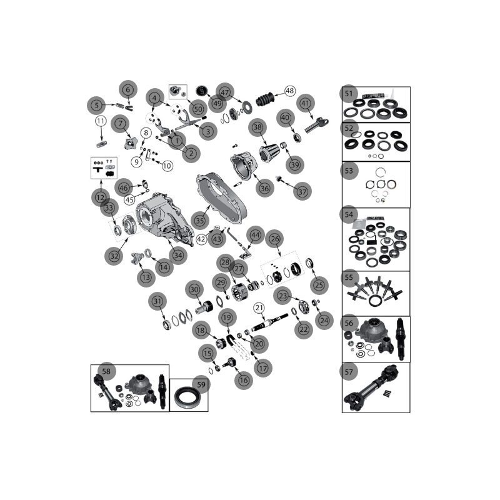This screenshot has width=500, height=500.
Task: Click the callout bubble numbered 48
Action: (289, 91)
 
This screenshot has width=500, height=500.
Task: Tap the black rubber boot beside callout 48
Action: (264, 99)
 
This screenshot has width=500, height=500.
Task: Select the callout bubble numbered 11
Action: (101, 121)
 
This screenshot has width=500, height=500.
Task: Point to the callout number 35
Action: (199, 221)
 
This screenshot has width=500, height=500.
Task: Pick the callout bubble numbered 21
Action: (259, 308)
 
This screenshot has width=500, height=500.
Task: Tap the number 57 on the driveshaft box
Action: (349, 372)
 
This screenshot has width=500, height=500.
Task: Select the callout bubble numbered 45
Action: (129, 200)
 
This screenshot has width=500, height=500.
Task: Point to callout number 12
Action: (101, 197)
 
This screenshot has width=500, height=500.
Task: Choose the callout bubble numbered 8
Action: (146, 132)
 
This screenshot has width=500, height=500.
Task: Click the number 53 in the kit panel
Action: (349, 171)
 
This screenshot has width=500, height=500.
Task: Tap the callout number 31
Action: (157, 301)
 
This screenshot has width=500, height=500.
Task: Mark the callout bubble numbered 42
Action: (201, 239)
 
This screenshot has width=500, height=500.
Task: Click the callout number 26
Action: (275, 239)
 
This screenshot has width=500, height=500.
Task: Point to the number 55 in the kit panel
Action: (349, 277)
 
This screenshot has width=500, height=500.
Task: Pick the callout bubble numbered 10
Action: (167, 166)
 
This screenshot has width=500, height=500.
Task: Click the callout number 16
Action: (244, 380)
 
